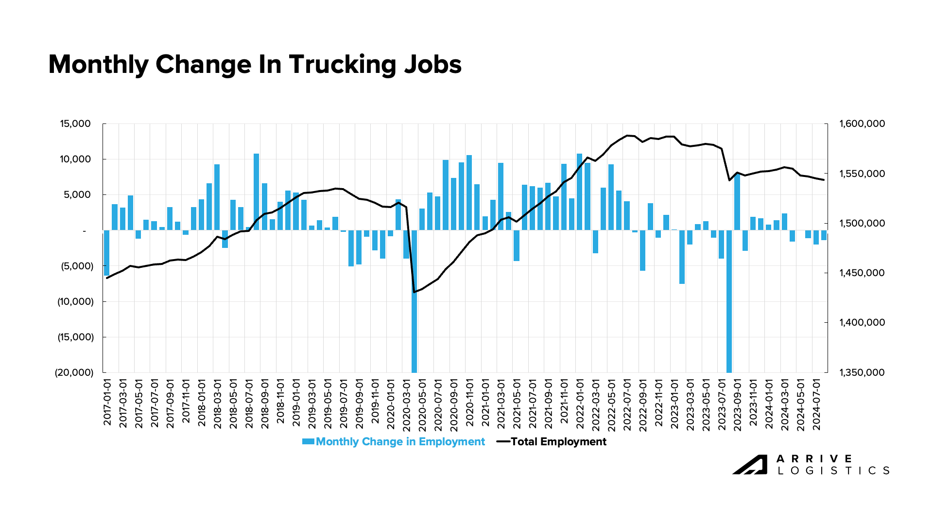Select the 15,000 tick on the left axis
(x=75, y=124)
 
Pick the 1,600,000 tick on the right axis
(x=862, y=124)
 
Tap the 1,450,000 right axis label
(x=862, y=273)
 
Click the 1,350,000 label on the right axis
(x=862, y=373)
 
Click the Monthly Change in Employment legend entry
(x=400, y=442)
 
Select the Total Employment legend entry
(x=558, y=442)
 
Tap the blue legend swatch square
(x=308, y=442)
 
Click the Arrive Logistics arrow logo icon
(x=750, y=465)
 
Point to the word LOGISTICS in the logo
(x=833, y=471)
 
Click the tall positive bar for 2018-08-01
(x=257, y=192)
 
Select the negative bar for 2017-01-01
(x=107, y=253)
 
